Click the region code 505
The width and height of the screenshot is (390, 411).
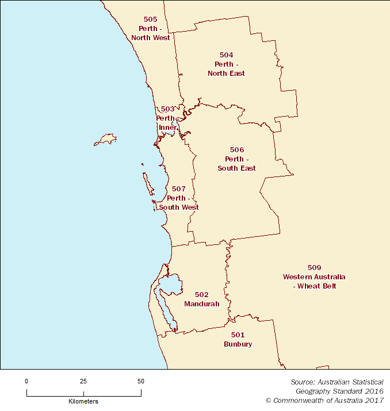click(x=150, y=19)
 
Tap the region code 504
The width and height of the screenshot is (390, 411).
click(x=226, y=55)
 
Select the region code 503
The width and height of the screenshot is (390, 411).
click(x=167, y=109)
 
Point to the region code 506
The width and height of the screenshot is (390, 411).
click(x=236, y=149)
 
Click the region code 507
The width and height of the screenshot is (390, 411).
click(x=179, y=189)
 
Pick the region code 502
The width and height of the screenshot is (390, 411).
click(x=201, y=294)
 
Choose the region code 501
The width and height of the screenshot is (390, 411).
click(x=238, y=335)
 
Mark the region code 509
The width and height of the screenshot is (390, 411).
click(x=314, y=267)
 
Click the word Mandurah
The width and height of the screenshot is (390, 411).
click(x=201, y=304)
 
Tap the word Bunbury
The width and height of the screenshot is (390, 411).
click(x=238, y=344)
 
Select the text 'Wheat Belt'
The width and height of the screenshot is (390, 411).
click(x=316, y=286)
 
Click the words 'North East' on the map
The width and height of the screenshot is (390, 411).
click(x=226, y=73)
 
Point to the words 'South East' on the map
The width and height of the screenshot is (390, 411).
click(x=236, y=168)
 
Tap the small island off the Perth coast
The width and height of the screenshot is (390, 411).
click(x=106, y=139)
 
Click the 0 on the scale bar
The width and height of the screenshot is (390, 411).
click(x=26, y=381)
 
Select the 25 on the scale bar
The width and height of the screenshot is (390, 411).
click(x=83, y=381)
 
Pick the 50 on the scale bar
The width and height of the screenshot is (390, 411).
click(x=141, y=381)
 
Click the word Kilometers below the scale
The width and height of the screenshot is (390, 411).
click(x=83, y=401)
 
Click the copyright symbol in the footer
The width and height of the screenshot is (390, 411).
click(x=268, y=400)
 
